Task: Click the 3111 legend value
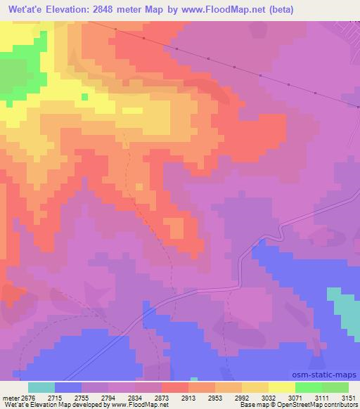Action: [x=323, y=397]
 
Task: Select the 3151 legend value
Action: [x=349, y=397]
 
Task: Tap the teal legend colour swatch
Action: [x=41, y=387]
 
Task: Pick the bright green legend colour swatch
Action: [x=309, y=387]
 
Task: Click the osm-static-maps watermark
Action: [x=331, y=376]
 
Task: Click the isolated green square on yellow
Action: [x=84, y=97]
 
